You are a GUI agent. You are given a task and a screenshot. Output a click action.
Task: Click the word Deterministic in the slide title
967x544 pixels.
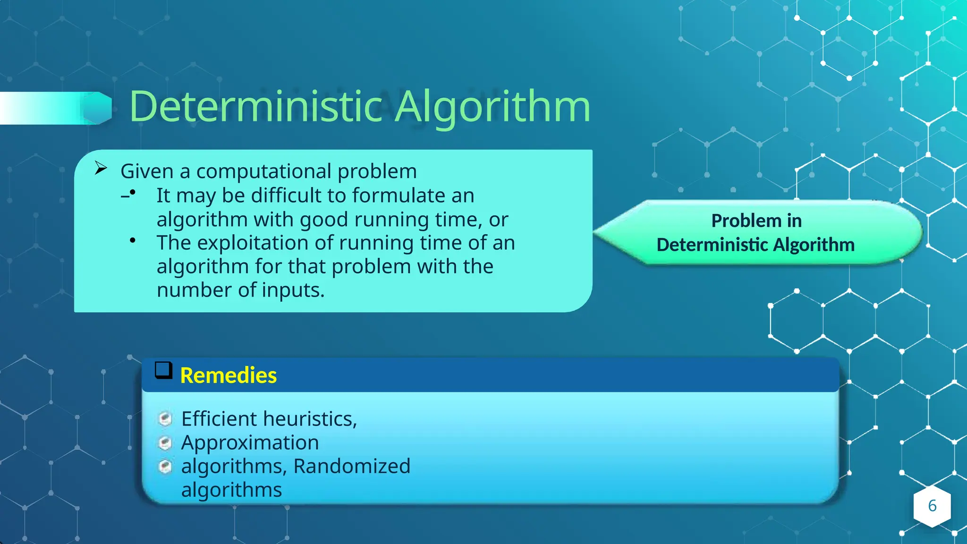pos(255,107)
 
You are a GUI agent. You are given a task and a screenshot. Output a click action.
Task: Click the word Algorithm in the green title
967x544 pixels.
pos(492,108)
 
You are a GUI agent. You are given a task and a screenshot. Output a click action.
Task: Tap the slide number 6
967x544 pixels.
pos(932,506)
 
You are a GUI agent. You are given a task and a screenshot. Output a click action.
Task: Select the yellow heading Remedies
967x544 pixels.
pos(229,375)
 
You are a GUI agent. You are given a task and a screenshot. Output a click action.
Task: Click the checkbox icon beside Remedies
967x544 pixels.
pos(163,371)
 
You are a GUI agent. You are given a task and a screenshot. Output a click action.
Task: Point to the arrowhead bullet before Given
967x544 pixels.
pos(101,168)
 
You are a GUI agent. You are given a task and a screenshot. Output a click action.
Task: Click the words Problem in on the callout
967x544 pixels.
pos(756,221)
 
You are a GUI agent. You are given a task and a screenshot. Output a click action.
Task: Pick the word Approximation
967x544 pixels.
pos(250,442)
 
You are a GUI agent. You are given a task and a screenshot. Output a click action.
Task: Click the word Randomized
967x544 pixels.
pos(352,466)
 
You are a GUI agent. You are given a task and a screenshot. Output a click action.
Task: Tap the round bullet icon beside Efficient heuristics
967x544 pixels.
pos(165,418)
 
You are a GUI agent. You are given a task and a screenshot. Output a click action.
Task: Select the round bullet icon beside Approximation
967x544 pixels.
pos(165,443)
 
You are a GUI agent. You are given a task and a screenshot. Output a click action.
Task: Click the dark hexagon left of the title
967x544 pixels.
pos(98,108)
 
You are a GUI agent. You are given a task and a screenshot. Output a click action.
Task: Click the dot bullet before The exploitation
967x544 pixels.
pos(133,241)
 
